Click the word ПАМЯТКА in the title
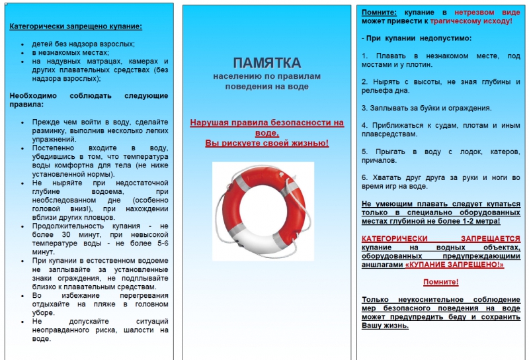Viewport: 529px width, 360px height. [266, 63]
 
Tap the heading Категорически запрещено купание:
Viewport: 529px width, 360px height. [75, 27]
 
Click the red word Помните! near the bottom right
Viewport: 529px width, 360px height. [440, 282]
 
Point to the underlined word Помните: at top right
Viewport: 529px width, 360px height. [379, 13]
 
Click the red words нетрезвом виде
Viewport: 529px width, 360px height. [492, 13]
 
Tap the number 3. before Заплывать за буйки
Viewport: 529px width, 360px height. [364, 108]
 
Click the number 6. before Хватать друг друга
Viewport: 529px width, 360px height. [364, 177]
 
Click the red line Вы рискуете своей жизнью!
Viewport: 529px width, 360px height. [266, 143]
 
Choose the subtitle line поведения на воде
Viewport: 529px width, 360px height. [266, 87]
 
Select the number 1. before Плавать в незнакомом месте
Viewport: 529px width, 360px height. [364, 56]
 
